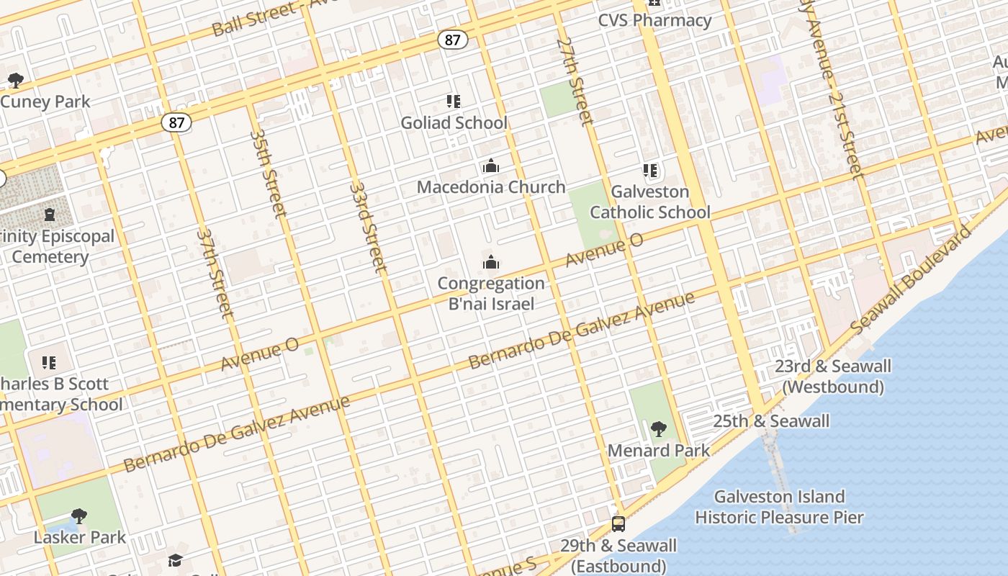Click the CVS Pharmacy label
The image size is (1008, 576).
point(654,20)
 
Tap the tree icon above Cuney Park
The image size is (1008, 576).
point(16,80)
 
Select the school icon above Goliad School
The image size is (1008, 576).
point(453,102)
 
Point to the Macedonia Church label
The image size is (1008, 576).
point(491,187)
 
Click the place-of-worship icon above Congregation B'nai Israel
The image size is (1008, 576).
point(491,263)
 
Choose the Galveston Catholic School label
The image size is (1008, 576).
point(650,202)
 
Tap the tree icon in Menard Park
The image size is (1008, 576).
point(658,430)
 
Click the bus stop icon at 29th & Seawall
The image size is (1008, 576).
point(618,524)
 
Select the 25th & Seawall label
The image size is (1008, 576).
point(771,421)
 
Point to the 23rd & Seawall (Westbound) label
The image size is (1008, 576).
point(833,377)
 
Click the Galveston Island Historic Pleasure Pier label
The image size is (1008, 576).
point(779,507)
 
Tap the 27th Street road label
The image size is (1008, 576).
point(575,81)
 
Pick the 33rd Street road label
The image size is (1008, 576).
point(369,226)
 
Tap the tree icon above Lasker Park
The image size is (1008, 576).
point(79,516)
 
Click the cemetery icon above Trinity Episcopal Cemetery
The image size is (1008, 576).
point(49,215)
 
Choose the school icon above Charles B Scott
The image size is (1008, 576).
point(49,362)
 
